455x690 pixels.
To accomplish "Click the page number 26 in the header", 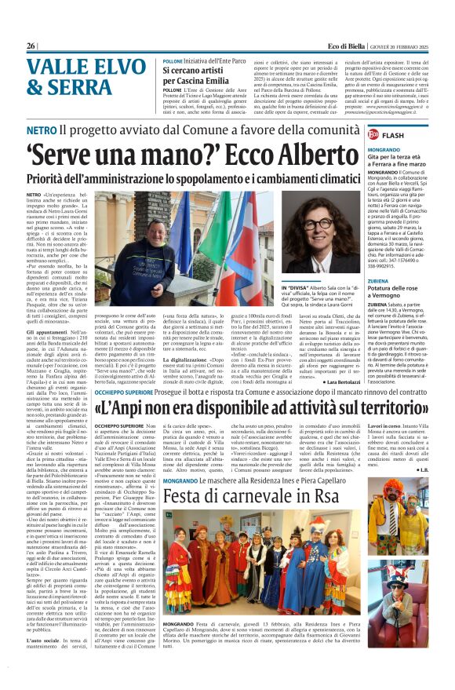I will point(31,46).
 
